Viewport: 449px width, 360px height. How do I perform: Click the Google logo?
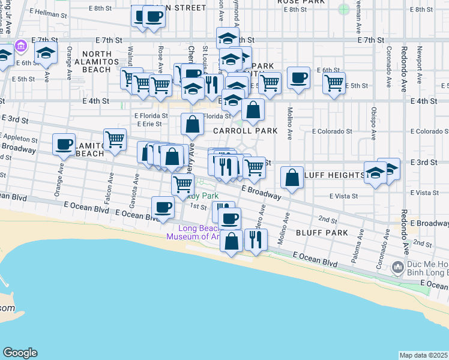click(x=20, y=353)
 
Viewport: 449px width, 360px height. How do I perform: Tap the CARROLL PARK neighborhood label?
click(x=244, y=131)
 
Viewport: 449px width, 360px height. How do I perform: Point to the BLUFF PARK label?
click(x=322, y=232)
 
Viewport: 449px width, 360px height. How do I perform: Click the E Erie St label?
click(x=148, y=124)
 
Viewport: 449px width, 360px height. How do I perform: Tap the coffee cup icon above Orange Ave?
click(x=64, y=144)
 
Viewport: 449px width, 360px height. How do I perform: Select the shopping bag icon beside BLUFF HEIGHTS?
click(x=292, y=178)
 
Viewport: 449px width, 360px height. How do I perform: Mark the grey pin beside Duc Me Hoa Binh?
click(x=397, y=266)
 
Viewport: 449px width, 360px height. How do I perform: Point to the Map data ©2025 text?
click(x=423, y=356)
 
